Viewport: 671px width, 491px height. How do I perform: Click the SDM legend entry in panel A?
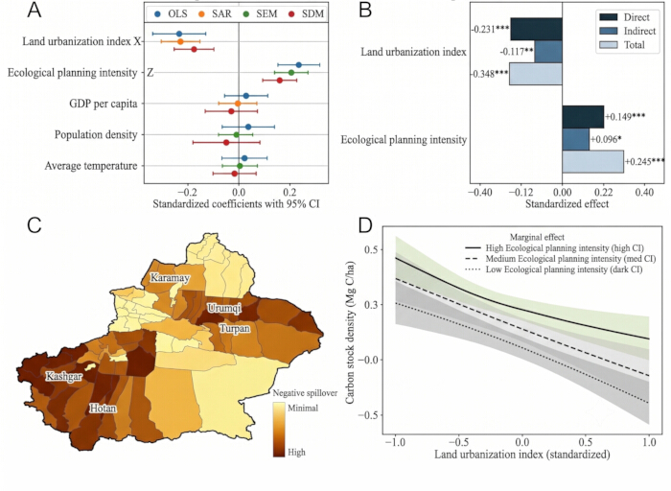(307, 13)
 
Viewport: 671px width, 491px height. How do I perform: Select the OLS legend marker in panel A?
(158, 13)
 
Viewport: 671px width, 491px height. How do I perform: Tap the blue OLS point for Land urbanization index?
(179, 34)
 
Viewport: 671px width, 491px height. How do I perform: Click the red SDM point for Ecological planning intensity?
(280, 81)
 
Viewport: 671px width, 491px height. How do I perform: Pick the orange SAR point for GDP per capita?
(238, 104)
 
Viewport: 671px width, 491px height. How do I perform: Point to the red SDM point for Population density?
(226, 142)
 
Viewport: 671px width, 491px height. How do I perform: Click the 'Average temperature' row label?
(91, 166)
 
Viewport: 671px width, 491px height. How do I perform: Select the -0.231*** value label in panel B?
(491, 30)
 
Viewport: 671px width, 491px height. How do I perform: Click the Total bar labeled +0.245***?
(592, 162)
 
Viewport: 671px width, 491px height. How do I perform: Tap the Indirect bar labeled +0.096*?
(575, 140)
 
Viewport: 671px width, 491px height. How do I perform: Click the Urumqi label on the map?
(224, 308)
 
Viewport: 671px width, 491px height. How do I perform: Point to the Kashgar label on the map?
(64, 377)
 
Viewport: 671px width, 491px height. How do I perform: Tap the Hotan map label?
(103, 409)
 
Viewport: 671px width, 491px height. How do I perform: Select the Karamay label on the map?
(170, 278)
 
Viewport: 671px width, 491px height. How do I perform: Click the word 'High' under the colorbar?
(296, 452)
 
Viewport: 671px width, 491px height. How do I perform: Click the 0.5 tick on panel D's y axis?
(370, 249)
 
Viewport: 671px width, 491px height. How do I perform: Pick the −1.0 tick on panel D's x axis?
(395, 442)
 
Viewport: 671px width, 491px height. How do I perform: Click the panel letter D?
(364, 225)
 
